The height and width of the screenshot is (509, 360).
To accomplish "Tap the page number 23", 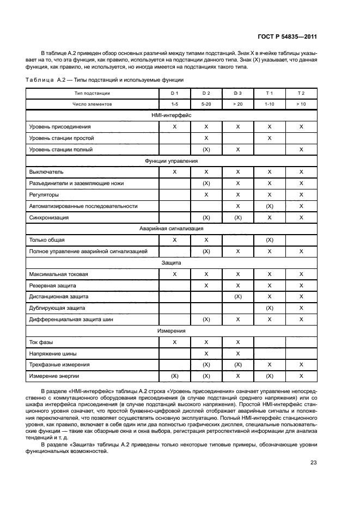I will pyautogui.click(x=314, y=463).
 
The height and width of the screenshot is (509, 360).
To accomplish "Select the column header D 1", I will pyautogui.click(x=174, y=94).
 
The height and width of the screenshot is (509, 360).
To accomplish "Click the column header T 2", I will pyautogui.click(x=301, y=94).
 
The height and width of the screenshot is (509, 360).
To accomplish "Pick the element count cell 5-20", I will pyautogui.click(x=206, y=103).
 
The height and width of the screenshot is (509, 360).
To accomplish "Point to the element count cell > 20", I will pyautogui.click(x=237, y=103).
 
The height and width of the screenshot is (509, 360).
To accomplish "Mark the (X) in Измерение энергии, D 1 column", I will pyautogui.click(x=174, y=376).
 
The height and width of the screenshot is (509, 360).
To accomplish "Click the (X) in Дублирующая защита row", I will pyautogui.click(x=269, y=308).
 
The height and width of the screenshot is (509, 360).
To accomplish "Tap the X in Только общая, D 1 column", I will pyautogui.click(x=174, y=240).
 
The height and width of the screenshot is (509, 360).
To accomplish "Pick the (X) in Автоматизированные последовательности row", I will pyautogui.click(x=269, y=206).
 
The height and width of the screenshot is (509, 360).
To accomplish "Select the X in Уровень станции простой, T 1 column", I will pyautogui.click(x=269, y=138).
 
